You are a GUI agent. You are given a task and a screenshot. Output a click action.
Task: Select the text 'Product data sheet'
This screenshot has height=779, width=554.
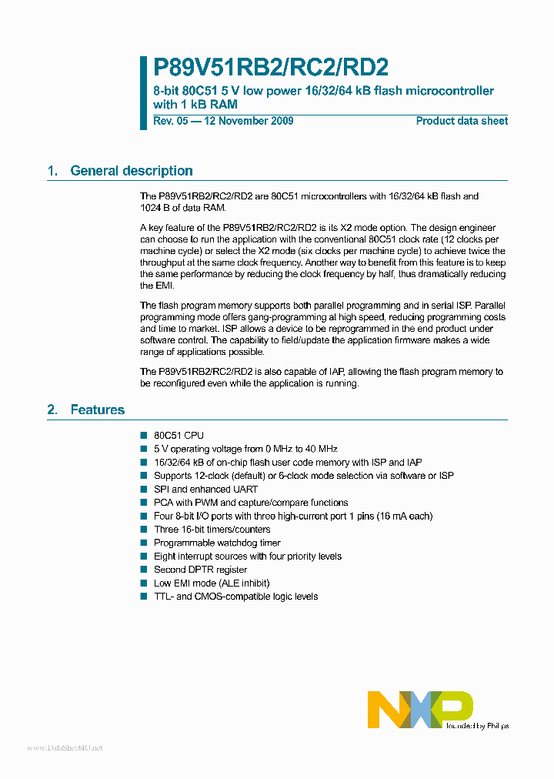[462, 121]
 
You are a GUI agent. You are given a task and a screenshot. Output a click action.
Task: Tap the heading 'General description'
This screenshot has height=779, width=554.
[132, 171]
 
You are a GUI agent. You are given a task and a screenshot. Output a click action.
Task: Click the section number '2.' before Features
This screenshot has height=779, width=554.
[52, 410]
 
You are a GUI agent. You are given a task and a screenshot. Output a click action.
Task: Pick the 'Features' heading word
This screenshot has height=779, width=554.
[97, 410]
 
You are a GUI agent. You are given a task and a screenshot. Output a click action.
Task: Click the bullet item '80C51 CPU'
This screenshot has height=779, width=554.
[179, 436]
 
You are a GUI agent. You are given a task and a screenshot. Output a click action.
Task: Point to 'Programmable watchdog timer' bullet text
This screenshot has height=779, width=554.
[217, 543]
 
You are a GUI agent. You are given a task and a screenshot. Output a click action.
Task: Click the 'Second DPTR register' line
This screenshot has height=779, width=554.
[202, 570]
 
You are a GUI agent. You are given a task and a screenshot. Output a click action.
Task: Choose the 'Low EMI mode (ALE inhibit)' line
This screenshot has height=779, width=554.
[212, 583]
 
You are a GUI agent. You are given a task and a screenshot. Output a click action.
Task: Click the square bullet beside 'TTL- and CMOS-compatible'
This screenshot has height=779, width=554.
[143, 597]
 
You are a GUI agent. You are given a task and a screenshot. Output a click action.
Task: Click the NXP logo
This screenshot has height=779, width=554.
[420, 709]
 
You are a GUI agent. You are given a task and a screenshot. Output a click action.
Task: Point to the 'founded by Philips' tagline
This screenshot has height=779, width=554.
[478, 725]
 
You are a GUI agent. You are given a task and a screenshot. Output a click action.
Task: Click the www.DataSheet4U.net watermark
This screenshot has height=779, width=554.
[65, 747]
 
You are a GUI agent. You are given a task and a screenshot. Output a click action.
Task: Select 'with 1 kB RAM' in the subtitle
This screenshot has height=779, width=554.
[195, 104]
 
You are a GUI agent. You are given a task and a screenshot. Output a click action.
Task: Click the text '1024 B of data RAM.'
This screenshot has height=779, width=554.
[183, 208]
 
